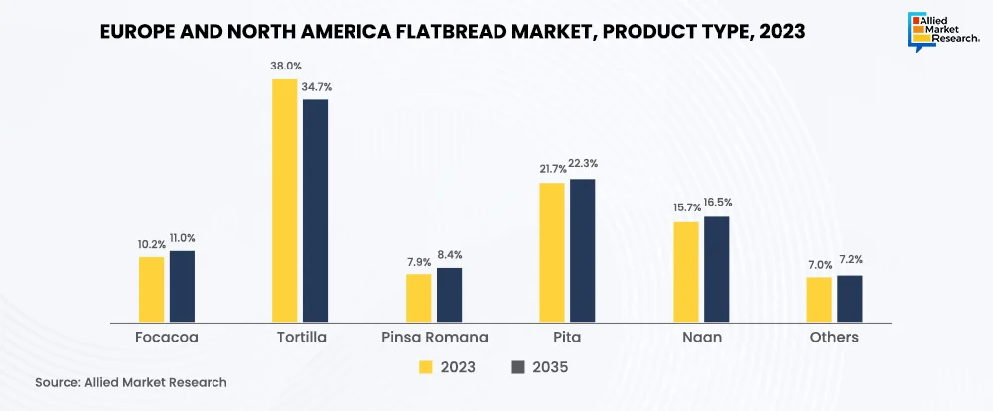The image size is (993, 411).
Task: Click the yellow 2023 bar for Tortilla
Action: pyautogui.click(x=284, y=201)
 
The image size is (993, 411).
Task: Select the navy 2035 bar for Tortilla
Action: pyautogui.click(x=315, y=210)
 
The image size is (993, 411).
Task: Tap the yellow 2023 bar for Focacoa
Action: pyautogui.click(x=151, y=289)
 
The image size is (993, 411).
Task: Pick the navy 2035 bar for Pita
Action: pyautogui.click(x=582, y=250)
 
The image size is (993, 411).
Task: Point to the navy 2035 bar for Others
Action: pyautogui.click(x=850, y=299)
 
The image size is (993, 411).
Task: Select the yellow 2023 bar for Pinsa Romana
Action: pyautogui.click(x=419, y=298)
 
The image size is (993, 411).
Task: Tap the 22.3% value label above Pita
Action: pyautogui.click(x=583, y=163)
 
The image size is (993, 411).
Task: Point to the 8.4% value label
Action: pyautogui.click(x=449, y=255)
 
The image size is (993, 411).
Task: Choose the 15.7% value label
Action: pyautogui.click(x=686, y=208)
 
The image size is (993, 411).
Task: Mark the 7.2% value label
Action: pyautogui.click(x=850, y=259)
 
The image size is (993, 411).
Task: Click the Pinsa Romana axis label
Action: pyautogui.click(x=435, y=338)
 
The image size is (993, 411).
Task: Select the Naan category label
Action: pyautogui.click(x=701, y=338)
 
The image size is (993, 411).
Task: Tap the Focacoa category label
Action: pyautogui.click(x=167, y=338)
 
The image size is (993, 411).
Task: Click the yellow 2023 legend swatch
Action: pyautogui.click(x=426, y=367)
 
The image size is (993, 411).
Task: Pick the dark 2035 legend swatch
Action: pyautogui.click(x=517, y=367)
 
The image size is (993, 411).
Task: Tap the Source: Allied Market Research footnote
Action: pyautogui.click(x=131, y=382)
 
